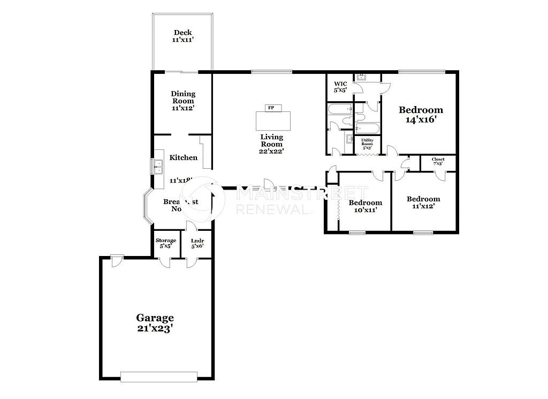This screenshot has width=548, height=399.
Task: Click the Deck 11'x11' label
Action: pyautogui.click(x=182, y=36)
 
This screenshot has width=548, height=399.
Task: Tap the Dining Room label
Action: pyautogui.click(x=183, y=101)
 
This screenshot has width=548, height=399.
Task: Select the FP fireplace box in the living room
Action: pyautogui.click(x=271, y=108)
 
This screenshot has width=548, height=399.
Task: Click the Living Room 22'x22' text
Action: pyautogui.click(x=271, y=144)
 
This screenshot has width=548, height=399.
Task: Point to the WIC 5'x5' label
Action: pyautogui.click(x=341, y=87)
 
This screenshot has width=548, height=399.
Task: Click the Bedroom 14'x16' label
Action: pyautogui.click(x=421, y=115)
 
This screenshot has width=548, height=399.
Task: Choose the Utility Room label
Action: pyautogui.click(x=367, y=144)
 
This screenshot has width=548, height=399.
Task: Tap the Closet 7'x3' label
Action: pyautogui.click(x=438, y=161)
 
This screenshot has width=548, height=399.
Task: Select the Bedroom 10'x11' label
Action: pyautogui.click(x=366, y=206)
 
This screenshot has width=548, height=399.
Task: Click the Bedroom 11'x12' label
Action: pyautogui.click(x=423, y=202)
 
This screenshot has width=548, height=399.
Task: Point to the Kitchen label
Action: pyautogui.click(x=184, y=157)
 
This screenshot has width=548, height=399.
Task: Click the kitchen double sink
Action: pyautogui.click(x=158, y=167)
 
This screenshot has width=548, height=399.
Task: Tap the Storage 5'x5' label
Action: pyautogui.click(x=166, y=243)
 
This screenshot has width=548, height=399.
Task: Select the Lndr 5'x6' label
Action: pyautogui.click(x=196, y=243)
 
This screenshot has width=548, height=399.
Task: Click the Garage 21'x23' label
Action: pyautogui.click(x=155, y=323)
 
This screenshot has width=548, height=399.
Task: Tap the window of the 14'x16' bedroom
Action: pyautogui.click(x=421, y=71)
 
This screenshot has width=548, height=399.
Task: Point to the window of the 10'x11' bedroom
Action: pyautogui.click(x=357, y=232)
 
